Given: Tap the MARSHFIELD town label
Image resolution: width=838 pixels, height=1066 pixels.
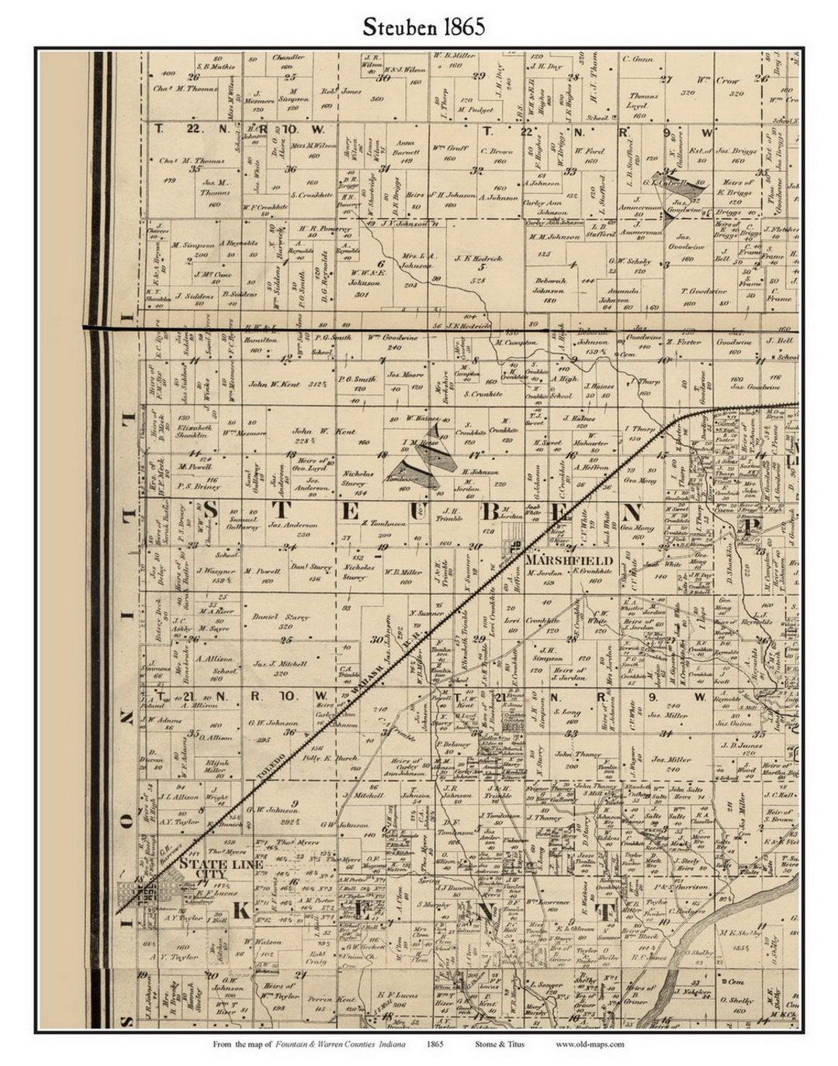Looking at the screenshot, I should pyautogui.click(x=569, y=560).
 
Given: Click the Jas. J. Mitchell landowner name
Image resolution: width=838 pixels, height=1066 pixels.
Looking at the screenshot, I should pyautogui.click(x=281, y=664).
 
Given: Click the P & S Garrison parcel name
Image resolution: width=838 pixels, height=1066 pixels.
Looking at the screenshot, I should pyautogui.click(x=681, y=887).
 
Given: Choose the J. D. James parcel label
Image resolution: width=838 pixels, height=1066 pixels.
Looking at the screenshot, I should pyautogui.click(x=736, y=746).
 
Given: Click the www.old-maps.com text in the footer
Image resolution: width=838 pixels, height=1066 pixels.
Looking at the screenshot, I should pyautogui.click(x=590, y=1044).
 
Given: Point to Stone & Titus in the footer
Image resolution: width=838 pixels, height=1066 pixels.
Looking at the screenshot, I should pyautogui.click(x=499, y=1044).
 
